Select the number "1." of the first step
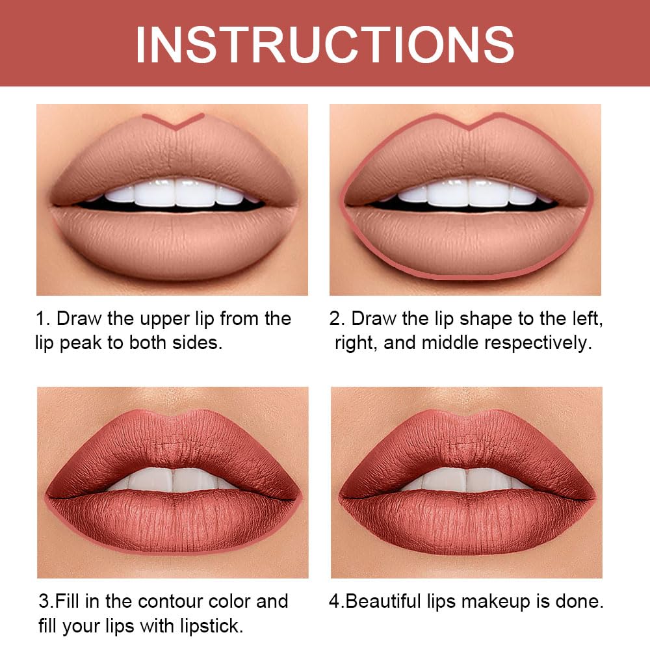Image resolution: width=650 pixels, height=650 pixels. (42, 318)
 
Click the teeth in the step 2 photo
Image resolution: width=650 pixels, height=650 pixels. (467, 193)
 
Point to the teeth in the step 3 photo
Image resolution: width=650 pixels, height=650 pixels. (172, 481)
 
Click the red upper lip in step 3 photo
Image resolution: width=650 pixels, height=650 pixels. (172, 442)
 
